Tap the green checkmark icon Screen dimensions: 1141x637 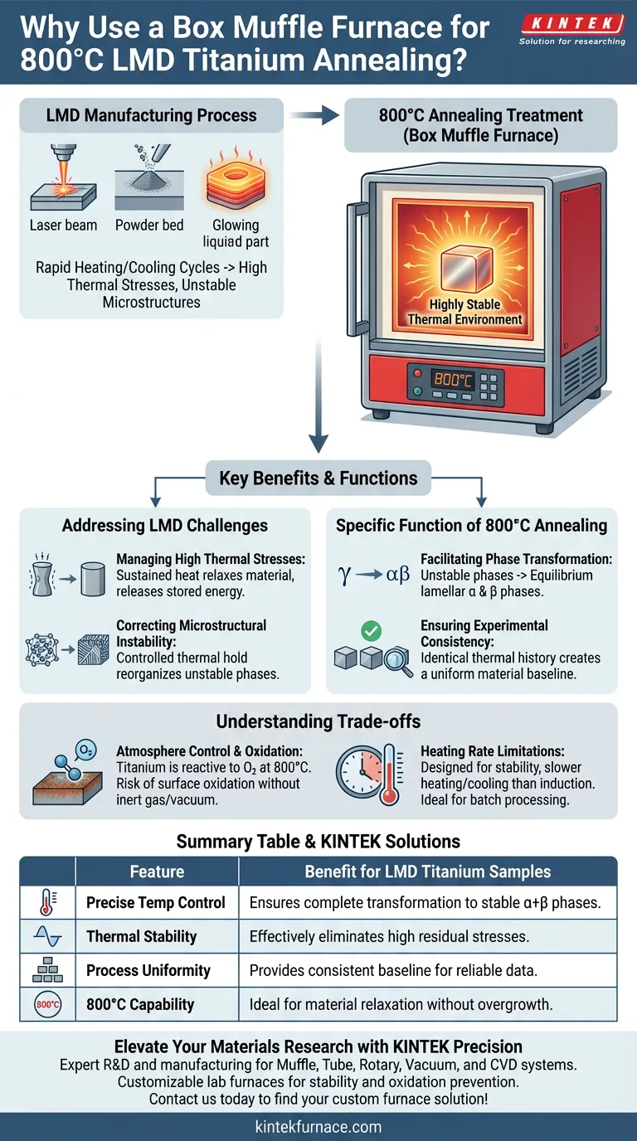click(372, 631)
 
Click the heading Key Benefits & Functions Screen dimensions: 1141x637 click(318, 478)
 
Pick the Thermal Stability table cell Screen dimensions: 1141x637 click(141, 936)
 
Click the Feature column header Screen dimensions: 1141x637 click(157, 872)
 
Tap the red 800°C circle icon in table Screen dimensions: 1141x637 click(47, 1004)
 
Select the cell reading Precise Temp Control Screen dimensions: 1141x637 click(156, 902)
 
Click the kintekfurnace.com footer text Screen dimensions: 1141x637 click(318, 1126)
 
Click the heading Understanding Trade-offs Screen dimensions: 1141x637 click(318, 721)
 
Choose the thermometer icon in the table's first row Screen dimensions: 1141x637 click(47, 902)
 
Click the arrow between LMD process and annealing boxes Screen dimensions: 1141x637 click(309, 115)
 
